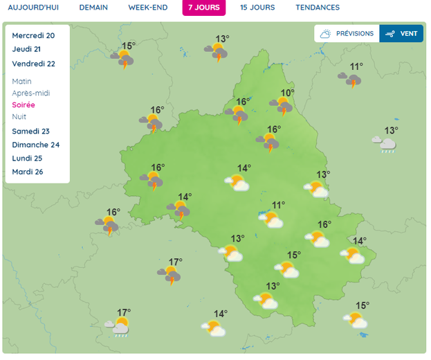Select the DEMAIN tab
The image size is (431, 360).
(x=93, y=8)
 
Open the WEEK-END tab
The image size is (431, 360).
(x=148, y=8)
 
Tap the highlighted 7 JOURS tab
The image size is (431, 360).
(x=204, y=8)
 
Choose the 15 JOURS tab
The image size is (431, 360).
(x=257, y=8)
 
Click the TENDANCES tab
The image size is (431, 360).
(x=318, y=8)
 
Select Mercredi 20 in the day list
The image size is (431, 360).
(x=33, y=35)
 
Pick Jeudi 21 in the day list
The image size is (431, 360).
(x=26, y=49)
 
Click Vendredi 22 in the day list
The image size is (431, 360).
(x=33, y=64)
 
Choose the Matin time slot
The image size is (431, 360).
(x=21, y=81)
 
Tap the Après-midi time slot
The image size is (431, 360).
(x=31, y=93)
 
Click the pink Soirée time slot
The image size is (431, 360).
(x=24, y=105)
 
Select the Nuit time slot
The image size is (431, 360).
(x=19, y=116)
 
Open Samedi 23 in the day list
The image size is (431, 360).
(x=31, y=131)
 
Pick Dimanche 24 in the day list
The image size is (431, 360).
(x=36, y=145)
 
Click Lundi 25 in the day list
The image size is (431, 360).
(x=28, y=159)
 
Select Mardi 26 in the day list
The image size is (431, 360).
(x=28, y=172)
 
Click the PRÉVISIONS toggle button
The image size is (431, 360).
(x=347, y=33)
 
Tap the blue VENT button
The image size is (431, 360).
(x=401, y=33)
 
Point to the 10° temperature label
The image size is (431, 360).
(x=287, y=93)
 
